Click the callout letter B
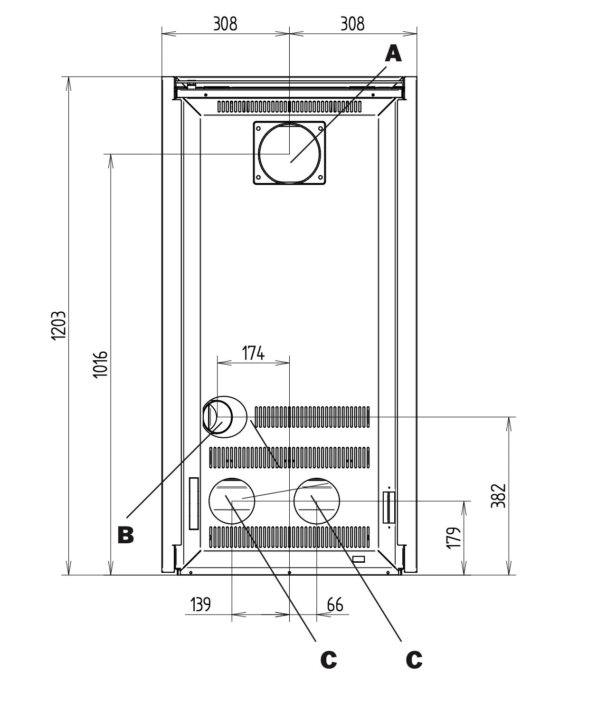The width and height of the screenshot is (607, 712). pos(126,535)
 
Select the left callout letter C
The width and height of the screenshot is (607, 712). pos(328,659)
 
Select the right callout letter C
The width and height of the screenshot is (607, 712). pos(414,659)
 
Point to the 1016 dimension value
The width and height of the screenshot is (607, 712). pos(100,364)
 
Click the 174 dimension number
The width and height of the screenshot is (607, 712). pos(253,354)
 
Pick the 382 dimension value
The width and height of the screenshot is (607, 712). pos(498,496)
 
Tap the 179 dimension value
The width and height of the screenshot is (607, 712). pos(455,537)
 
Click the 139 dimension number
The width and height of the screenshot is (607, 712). pos(200,605)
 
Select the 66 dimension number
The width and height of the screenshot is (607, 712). pos(335,605)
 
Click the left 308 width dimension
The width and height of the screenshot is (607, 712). pos(225,24)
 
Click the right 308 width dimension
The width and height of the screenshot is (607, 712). pos(352,24)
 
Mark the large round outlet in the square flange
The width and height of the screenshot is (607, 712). pos(289,153)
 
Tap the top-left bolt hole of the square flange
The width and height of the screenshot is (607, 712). pos(259,127)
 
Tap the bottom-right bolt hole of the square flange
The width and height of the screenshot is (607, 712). pos(320,178)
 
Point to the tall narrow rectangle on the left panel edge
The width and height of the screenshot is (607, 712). pos(193,503)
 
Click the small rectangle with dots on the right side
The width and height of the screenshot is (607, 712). pos(389,507)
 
